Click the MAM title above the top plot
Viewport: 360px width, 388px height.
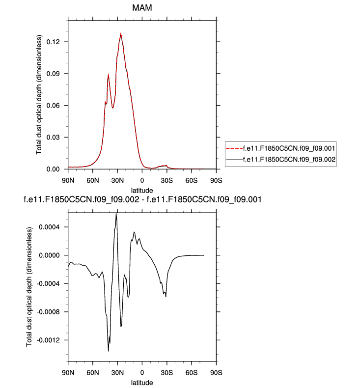pos(142,8)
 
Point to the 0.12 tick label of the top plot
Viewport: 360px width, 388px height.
pos(55,42)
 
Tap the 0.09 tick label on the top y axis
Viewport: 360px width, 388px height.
pos(55,74)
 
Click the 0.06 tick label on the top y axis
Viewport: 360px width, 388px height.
pos(55,106)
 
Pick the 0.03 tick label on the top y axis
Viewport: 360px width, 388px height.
pos(55,138)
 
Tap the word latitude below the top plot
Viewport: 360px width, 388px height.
pos(142,190)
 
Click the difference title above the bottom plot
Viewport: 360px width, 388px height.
pos(142,199)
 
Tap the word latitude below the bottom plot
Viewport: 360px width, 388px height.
pos(142,383)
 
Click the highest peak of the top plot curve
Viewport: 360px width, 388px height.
pos(121,33)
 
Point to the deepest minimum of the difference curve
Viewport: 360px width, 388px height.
pos(109,351)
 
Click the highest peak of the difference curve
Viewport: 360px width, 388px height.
pos(116,214)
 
